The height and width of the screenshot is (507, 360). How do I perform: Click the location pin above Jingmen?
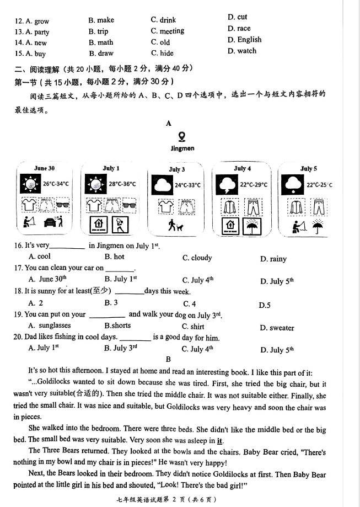[x=182, y=136]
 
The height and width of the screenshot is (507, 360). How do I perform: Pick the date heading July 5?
[x=308, y=169]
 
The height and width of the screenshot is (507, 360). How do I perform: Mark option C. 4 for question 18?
[x=189, y=303]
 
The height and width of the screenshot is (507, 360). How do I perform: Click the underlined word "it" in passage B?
[x=220, y=440]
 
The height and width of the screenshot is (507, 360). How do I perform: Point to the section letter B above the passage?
[x=169, y=359]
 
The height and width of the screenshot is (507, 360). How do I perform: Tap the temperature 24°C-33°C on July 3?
[x=187, y=186]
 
